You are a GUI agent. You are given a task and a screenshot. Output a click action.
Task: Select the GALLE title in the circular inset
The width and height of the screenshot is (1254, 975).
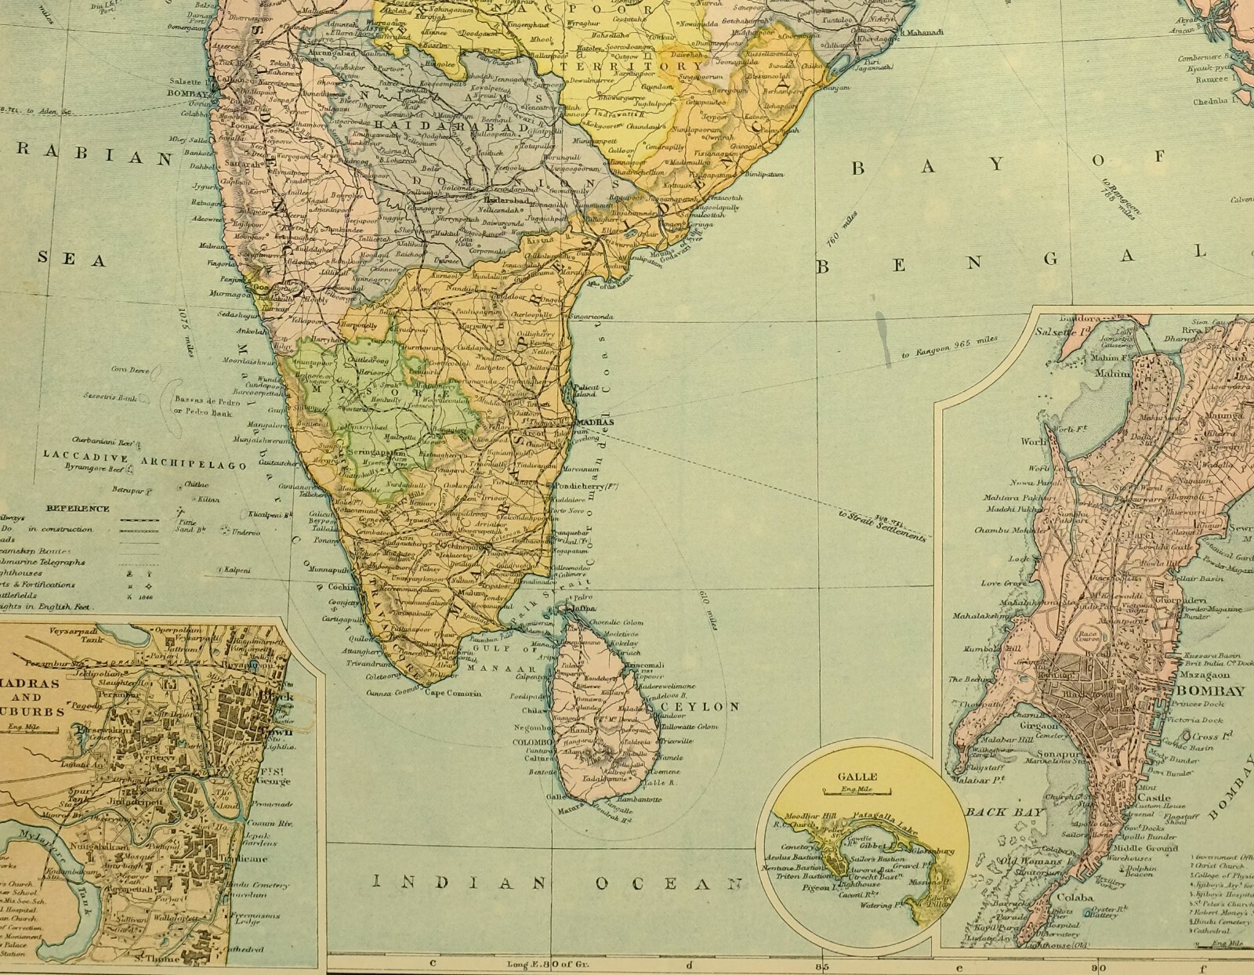coord(859,777)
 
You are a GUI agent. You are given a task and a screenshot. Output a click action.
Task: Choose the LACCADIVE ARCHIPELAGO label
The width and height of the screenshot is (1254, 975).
coord(145,455)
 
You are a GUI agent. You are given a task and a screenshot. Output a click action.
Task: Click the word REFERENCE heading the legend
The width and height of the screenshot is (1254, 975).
coord(78,508)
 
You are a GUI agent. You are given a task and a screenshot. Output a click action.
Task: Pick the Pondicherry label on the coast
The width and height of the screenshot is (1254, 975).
coord(586,486)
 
